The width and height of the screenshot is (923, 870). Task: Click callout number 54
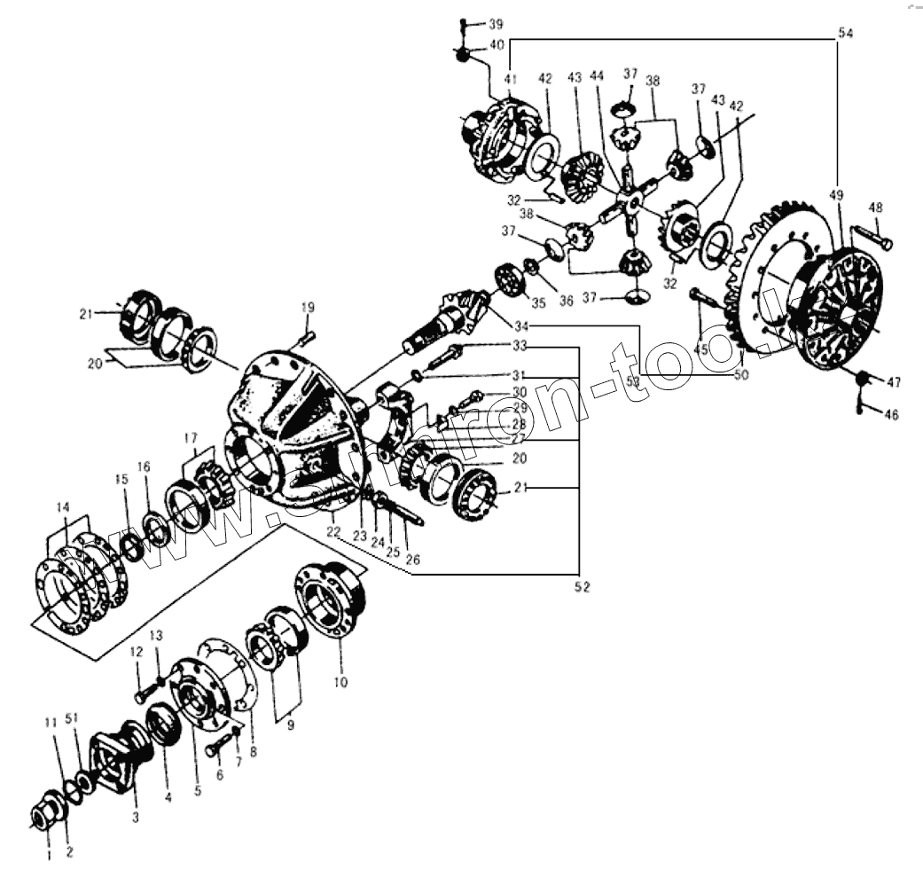point(845,33)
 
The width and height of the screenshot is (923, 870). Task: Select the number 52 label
point(580,587)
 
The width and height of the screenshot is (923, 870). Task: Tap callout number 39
point(494,23)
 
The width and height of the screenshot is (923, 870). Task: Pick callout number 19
point(307,308)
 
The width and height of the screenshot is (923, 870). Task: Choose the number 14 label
point(62,507)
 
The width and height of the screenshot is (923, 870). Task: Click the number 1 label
point(48,855)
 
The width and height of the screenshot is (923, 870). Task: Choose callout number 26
point(413,560)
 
